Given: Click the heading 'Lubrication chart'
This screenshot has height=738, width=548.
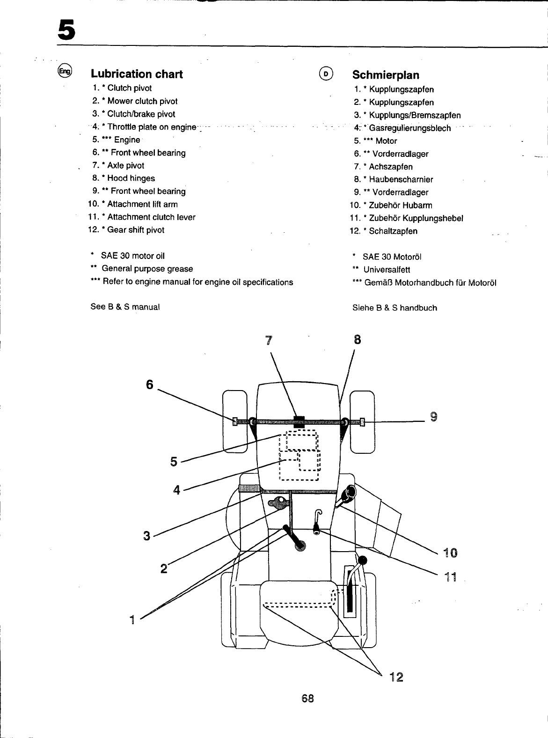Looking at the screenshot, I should [136, 74].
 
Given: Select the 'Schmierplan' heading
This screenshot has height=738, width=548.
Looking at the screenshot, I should [386, 75].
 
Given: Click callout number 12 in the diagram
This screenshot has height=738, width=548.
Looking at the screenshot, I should [396, 677].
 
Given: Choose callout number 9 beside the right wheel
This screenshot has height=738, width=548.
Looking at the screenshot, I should [433, 416].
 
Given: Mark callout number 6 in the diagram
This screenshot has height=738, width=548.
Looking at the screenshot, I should [149, 384].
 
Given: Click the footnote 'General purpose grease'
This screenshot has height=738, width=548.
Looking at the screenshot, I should [147, 269].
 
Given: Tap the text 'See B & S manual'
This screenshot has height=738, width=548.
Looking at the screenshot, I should [125, 307].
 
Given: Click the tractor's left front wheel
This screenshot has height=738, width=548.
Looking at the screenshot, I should [234, 421].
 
